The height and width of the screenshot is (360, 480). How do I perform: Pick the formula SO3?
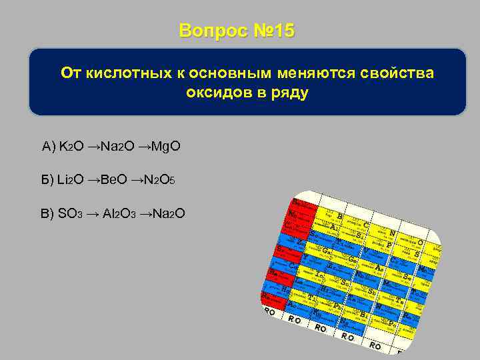[x=71, y=213]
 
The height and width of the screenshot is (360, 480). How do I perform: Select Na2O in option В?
[x=168, y=213]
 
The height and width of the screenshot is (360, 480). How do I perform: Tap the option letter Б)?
[x=47, y=180]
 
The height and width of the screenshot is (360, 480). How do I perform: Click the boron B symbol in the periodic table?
[x=341, y=216]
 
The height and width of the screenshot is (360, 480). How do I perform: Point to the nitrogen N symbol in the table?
[x=393, y=233]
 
